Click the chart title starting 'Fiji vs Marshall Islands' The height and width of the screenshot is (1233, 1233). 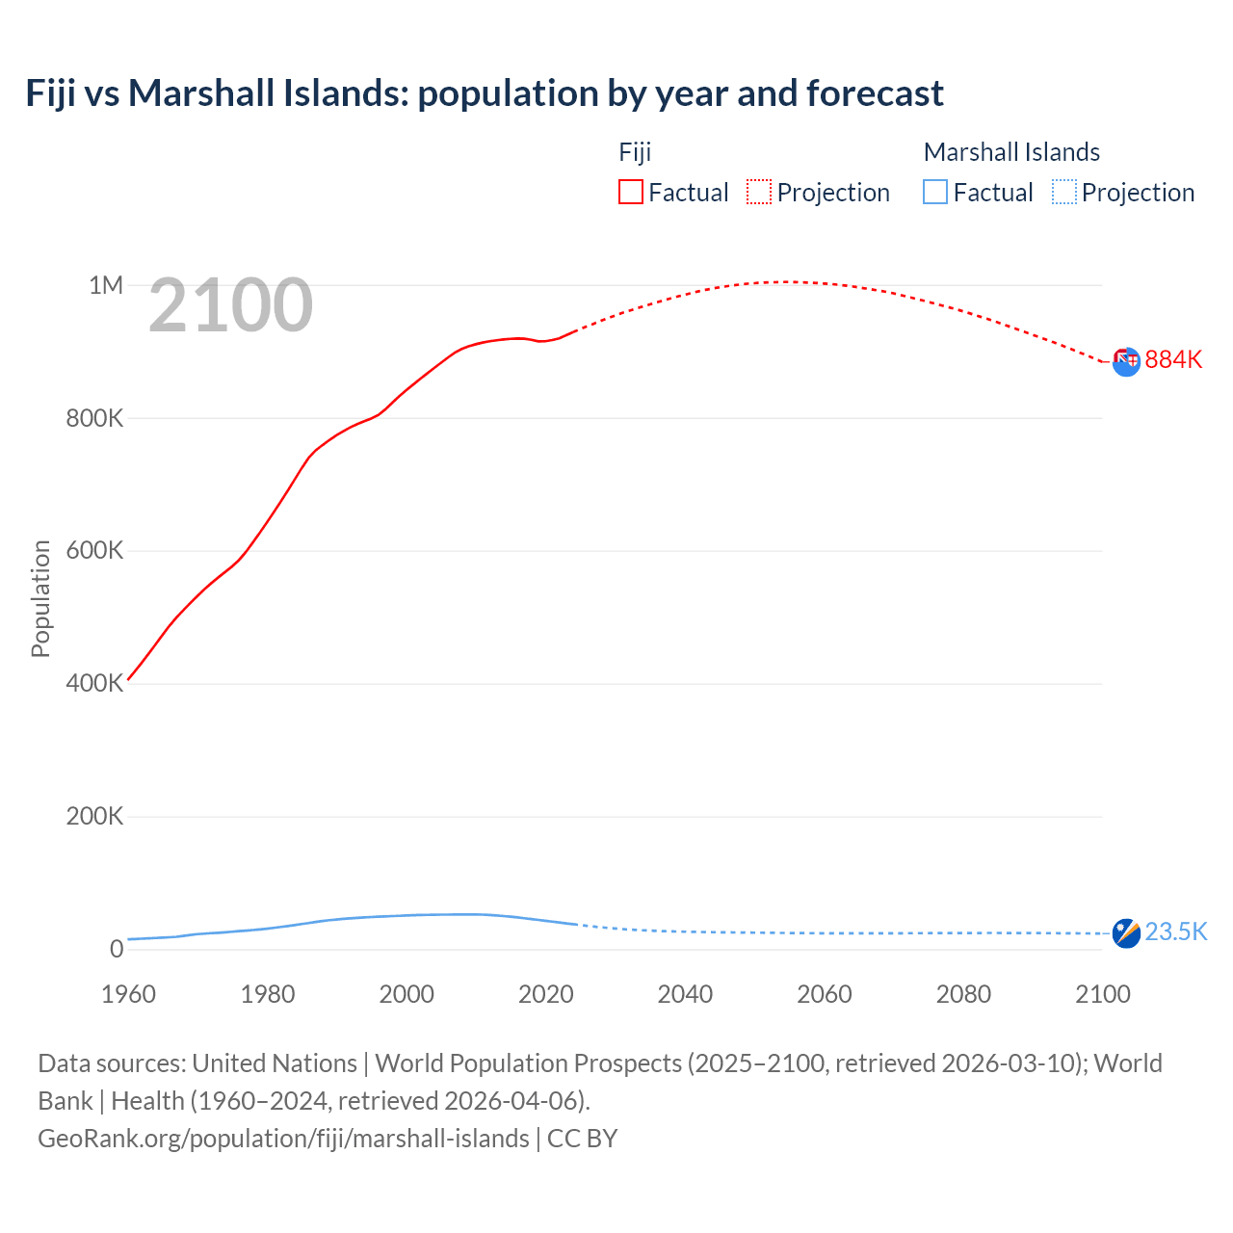(x=485, y=93)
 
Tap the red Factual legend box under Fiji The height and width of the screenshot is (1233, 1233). (x=630, y=192)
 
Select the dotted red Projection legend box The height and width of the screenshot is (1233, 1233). (x=759, y=192)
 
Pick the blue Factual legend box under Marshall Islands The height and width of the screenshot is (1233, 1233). (x=934, y=192)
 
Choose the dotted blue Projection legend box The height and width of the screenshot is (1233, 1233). (x=1063, y=192)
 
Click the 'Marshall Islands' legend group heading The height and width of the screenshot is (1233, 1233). (x=1011, y=152)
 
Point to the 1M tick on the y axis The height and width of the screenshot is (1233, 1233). (x=106, y=285)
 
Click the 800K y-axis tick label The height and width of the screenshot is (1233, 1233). (x=94, y=418)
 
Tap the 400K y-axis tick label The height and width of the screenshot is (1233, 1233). (x=94, y=683)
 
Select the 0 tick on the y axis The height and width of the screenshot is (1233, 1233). (x=117, y=949)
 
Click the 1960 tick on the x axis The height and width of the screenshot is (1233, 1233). (x=128, y=994)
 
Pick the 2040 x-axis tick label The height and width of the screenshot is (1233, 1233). (x=685, y=994)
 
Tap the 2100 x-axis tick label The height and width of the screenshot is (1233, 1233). (x=1102, y=994)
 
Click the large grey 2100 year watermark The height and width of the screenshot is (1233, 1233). (x=230, y=305)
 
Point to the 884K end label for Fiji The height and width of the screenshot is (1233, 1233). (x=1173, y=359)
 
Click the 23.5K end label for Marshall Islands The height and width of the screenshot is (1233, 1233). (x=1175, y=931)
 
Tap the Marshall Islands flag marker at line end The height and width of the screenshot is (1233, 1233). (x=1126, y=932)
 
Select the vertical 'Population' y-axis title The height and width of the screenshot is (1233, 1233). (x=40, y=598)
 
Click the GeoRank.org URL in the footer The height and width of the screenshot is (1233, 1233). (x=283, y=1138)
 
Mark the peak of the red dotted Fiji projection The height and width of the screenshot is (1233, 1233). (x=788, y=281)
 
